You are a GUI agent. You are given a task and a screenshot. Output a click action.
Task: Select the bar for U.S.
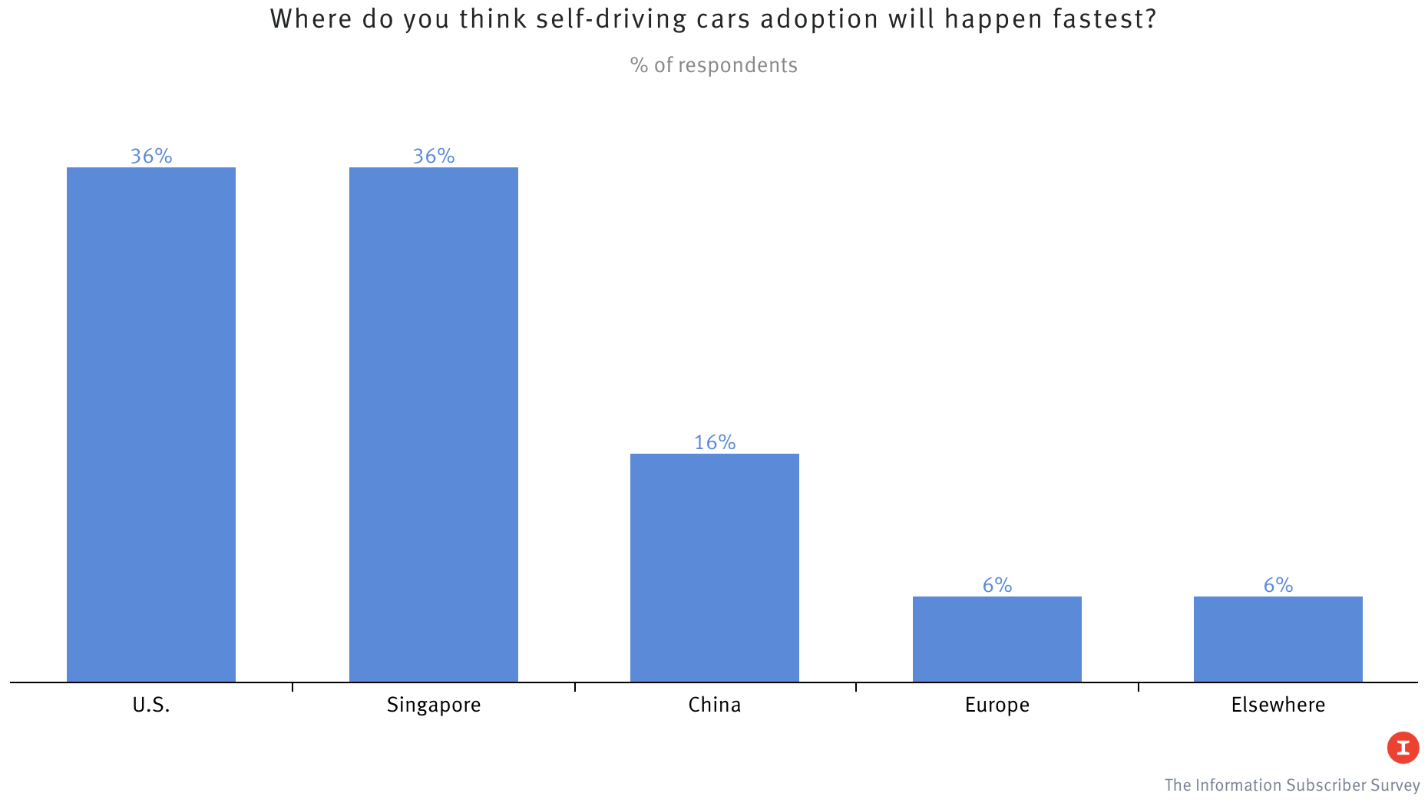tap(151, 424)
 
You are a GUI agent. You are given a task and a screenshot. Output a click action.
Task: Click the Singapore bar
tap(434, 424)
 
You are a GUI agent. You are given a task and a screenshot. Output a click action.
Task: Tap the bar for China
tap(715, 567)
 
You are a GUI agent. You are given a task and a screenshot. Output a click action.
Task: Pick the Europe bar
tap(997, 639)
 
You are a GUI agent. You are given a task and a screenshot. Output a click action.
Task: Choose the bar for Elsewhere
tap(1278, 639)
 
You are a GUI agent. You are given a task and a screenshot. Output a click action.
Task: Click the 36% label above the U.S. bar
tap(151, 156)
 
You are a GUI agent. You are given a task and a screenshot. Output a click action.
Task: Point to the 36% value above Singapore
tap(434, 156)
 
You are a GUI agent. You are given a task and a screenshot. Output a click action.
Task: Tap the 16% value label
tap(715, 442)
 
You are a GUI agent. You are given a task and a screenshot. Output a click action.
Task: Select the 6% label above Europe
tap(997, 585)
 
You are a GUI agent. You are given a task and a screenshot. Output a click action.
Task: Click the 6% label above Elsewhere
tap(1278, 585)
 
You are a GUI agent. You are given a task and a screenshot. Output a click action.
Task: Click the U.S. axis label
tap(151, 705)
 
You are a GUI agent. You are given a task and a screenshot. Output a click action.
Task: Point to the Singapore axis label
tap(434, 705)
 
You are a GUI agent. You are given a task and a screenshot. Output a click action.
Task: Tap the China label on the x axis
tap(715, 705)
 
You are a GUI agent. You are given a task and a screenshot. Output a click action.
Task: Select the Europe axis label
tap(997, 705)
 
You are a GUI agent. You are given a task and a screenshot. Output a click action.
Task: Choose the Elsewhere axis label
tap(1278, 705)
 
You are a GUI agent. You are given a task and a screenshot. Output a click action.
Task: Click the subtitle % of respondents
tap(714, 65)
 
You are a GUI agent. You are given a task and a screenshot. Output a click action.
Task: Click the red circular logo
tap(1403, 747)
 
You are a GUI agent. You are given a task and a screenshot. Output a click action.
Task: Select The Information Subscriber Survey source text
tap(1292, 785)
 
